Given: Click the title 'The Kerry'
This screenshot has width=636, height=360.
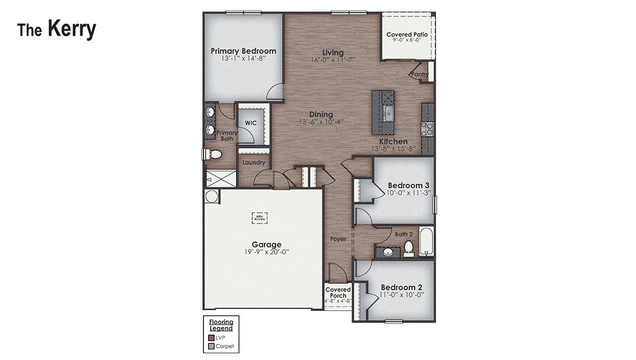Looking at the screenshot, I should point(56,29).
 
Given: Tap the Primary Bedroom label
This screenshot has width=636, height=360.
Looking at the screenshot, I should point(243,51).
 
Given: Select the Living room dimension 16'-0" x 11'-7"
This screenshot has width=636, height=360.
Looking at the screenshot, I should point(332,60).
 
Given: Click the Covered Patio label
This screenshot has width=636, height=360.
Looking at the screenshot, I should point(406,34).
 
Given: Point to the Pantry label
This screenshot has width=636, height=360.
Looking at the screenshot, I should point(420,74).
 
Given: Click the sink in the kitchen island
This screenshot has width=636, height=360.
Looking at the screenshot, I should point(389,114).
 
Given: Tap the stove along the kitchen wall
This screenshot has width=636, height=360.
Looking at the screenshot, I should point(427,129).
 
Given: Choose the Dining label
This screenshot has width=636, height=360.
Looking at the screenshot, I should point(321,114).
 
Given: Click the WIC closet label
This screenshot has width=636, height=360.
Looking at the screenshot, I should point(251,123).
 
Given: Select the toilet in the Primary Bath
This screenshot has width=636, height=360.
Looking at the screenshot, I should point(212,154).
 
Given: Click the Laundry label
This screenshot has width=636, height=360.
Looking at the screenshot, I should point(253,163).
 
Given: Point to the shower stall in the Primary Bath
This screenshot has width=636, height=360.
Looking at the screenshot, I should point(221,178).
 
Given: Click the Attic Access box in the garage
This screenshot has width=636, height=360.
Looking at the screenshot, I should point(259,218).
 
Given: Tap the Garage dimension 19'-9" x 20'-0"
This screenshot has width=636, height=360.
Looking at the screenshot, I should point(267,252).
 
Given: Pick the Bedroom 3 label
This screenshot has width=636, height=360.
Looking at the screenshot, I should point(409,185).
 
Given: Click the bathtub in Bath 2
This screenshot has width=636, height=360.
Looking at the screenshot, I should point(426,242).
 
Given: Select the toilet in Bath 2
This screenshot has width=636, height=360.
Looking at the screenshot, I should point(408,247).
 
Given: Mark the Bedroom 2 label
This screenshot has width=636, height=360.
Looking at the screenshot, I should point(402,287).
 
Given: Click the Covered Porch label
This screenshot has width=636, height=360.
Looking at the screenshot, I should point(338,293).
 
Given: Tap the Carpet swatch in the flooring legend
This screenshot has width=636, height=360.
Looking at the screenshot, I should point(211,346).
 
